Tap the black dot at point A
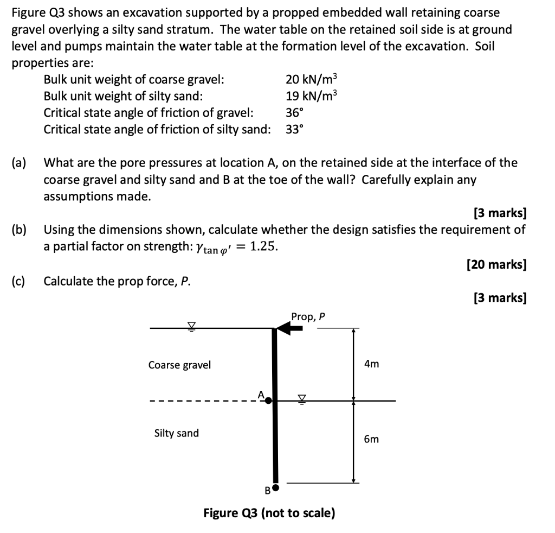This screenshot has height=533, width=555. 268,401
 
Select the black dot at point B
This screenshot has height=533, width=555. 276,488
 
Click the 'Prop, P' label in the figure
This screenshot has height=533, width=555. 308,316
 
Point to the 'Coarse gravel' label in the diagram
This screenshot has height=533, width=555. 179,365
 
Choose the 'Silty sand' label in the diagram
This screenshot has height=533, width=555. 176,433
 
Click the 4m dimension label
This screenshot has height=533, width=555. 371,364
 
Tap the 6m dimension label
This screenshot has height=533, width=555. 371,439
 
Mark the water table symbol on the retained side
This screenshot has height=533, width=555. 191,325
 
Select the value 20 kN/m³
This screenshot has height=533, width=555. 311,80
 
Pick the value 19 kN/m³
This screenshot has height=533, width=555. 311,97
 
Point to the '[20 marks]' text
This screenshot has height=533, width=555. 496,264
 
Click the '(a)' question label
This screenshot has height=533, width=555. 20,162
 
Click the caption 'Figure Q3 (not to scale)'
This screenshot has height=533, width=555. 269,513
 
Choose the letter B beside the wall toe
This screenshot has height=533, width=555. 267,491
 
